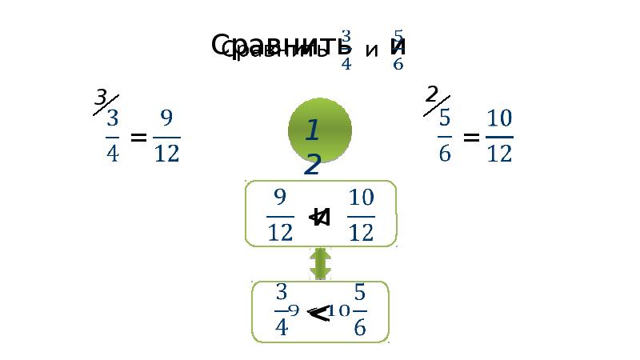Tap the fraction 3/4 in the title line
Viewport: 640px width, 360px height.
pos(346,50)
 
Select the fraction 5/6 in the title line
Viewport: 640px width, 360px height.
pos(398,50)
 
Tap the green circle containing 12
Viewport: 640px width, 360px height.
pos(319,130)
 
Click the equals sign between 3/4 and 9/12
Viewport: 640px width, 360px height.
pos(138,138)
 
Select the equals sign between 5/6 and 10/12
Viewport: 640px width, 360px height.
pos(471,138)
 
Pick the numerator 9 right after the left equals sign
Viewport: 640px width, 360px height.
pos(166,119)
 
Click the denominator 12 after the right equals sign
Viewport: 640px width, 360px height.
pos(499,153)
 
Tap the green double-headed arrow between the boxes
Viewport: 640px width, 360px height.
pos(320,263)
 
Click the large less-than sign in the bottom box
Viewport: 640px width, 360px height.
pos(319,315)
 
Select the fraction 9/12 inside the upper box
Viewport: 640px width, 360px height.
pos(280,214)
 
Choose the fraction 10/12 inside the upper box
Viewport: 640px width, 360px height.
pos(362,214)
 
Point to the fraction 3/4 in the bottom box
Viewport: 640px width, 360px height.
pos(281,310)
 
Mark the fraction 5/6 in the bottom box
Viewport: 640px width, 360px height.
pos(359,310)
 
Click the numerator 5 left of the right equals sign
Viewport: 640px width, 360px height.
pos(445,118)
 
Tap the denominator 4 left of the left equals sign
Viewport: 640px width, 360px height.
pos(112,153)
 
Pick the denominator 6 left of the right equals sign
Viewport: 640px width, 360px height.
pos(445,153)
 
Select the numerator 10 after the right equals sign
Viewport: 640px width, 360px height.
pos(499,119)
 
